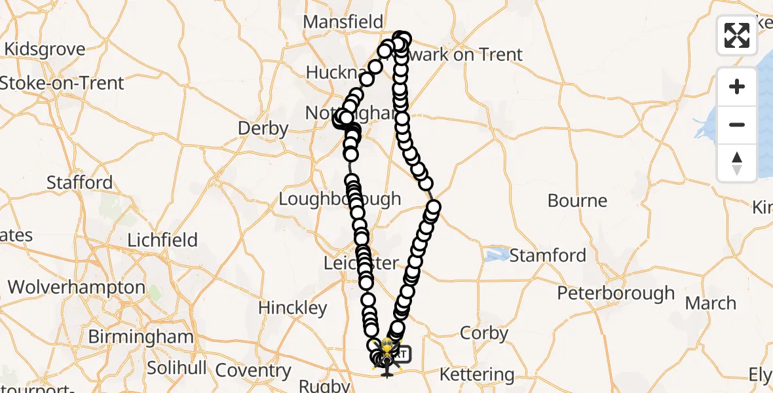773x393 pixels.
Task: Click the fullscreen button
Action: [x=737, y=35]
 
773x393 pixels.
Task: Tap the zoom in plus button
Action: [x=737, y=86]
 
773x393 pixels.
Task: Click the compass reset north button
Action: [x=737, y=162]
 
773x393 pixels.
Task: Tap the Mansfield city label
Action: [x=343, y=22]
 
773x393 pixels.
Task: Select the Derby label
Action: [x=263, y=128]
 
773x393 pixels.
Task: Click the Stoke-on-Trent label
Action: [x=62, y=83]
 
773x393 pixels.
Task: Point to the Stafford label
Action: [x=79, y=182]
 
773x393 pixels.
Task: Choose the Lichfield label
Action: [x=162, y=240]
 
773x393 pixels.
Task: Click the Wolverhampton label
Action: [x=77, y=287]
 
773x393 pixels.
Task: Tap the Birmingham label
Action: [x=141, y=337]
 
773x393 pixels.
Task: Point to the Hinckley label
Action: [x=292, y=308]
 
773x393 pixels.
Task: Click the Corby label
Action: [x=484, y=333]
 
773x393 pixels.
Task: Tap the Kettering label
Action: [x=476, y=375]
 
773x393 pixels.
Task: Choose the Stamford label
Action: [x=548, y=255]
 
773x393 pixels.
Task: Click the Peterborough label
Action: [x=616, y=293]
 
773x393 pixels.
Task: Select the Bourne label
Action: [x=577, y=200]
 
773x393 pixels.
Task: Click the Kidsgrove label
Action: [x=45, y=49]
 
